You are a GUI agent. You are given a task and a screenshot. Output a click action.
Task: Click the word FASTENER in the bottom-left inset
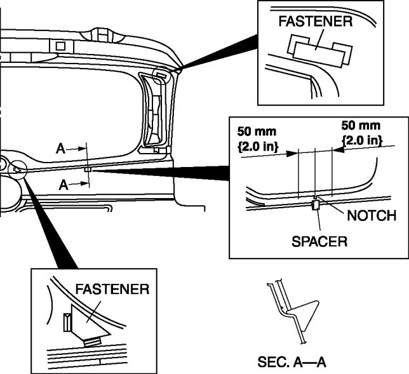click(112, 290)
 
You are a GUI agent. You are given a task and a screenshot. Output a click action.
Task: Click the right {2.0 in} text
click(361, 139)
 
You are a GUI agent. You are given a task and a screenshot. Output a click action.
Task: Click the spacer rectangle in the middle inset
click(315, 204)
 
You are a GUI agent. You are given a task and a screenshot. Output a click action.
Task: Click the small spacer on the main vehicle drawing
click(87, 170)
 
